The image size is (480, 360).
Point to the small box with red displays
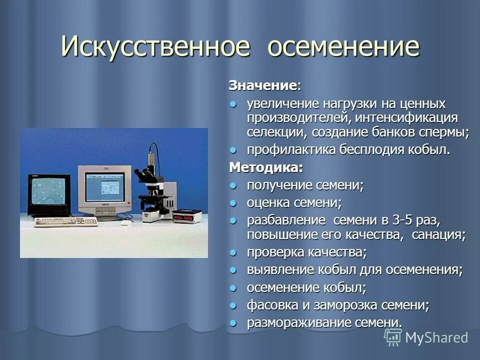(186, 216)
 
